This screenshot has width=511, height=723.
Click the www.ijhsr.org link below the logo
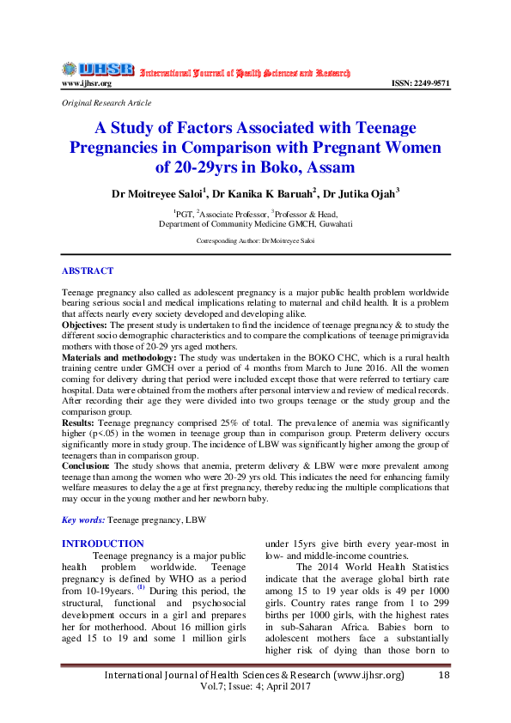click(86, 83)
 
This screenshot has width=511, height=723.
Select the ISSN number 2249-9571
click(420, 83)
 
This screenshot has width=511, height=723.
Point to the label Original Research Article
click(106, 103)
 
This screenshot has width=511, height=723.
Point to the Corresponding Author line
click(255, 241)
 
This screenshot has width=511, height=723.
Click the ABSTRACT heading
click(88, 271)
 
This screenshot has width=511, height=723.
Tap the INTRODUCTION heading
click(103, 544)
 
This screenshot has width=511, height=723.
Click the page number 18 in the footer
click(444, 676)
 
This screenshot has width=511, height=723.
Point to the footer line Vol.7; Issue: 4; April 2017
click(255, 689)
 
